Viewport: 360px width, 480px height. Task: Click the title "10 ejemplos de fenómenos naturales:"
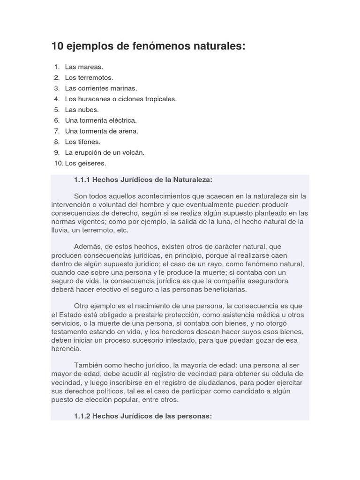(148, 47)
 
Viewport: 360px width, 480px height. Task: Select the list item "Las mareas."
(84, 67)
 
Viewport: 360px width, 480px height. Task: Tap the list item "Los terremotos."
(89, 78)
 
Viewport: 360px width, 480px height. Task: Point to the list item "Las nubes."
(82, 110)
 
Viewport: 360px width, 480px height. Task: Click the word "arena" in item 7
(129, 132)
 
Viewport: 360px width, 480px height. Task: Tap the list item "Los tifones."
(83, 142)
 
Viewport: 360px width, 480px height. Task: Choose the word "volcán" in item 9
(133, 153)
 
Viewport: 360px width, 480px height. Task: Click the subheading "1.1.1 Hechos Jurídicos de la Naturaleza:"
(143, 180)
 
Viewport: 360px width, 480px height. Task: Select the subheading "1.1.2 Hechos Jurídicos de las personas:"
(143, 416)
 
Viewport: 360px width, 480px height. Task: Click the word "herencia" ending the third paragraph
(66, 349)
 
